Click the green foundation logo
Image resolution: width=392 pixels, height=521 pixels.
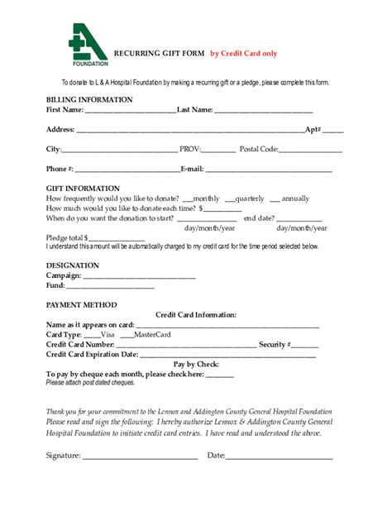click(x=88, y=45)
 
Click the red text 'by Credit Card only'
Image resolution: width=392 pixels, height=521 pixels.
click(x=243, y=53)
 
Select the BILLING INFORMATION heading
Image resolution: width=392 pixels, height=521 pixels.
click(x=88, y=99)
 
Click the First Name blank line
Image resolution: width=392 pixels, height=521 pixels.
click(x=130, y=111)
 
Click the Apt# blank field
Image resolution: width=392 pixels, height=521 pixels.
click(x=333, y=131)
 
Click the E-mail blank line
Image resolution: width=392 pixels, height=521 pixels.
click(x=268, y=170)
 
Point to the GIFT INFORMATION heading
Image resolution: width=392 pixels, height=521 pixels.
click(x=83, y=189)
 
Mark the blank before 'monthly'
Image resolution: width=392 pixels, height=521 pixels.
click(x=187, y=200)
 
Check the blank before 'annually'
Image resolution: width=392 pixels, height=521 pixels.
click(x=275, y=200)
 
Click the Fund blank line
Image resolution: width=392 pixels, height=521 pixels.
click(x=110, y=287)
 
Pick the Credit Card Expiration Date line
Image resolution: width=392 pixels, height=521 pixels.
click(x=227, y=356)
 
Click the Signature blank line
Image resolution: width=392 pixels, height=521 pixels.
click(x=140, y=456)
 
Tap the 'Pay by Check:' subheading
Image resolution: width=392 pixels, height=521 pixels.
click(x=196, y=365)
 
